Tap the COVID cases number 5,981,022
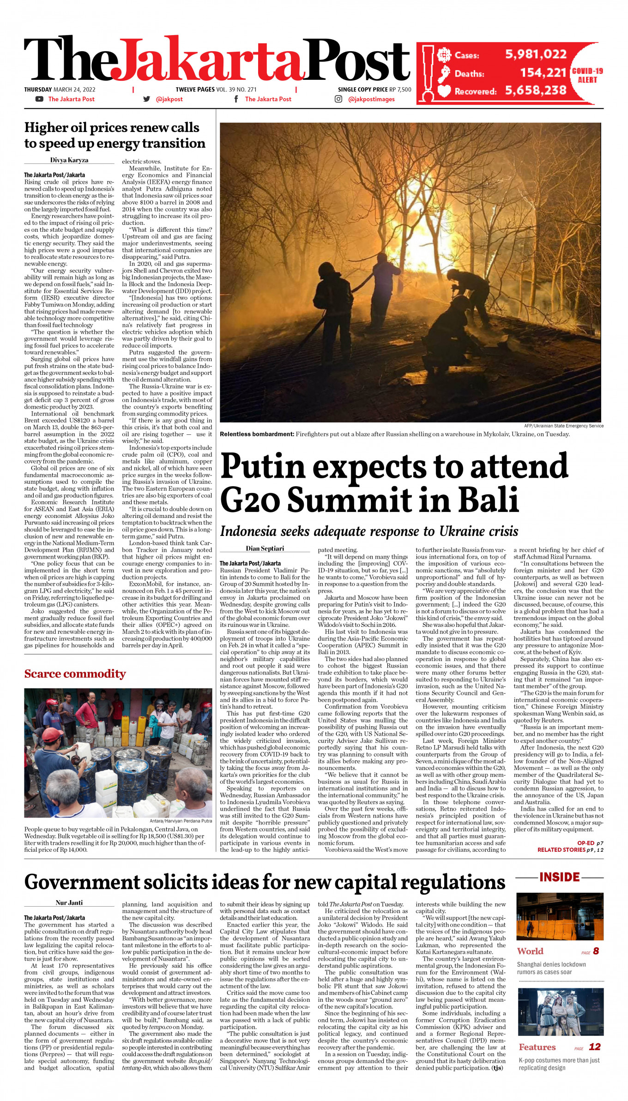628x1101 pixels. tap(536, 54)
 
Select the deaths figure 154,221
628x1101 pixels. tap(543, 72)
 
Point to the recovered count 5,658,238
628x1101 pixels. tap(536, 90)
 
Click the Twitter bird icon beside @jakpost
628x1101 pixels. tap(147, 99)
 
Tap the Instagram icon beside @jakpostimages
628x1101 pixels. tap(338, 99)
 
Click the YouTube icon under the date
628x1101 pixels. tap(39, 99)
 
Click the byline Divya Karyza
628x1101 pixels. tap(69, 160)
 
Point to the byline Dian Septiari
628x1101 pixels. tap(265, 548)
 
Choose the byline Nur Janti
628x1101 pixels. tap(69, 902)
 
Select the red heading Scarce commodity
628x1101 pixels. tap(75, 674)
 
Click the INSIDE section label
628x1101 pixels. tap(559, 877)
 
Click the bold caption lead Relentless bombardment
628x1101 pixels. tap(257, 434)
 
